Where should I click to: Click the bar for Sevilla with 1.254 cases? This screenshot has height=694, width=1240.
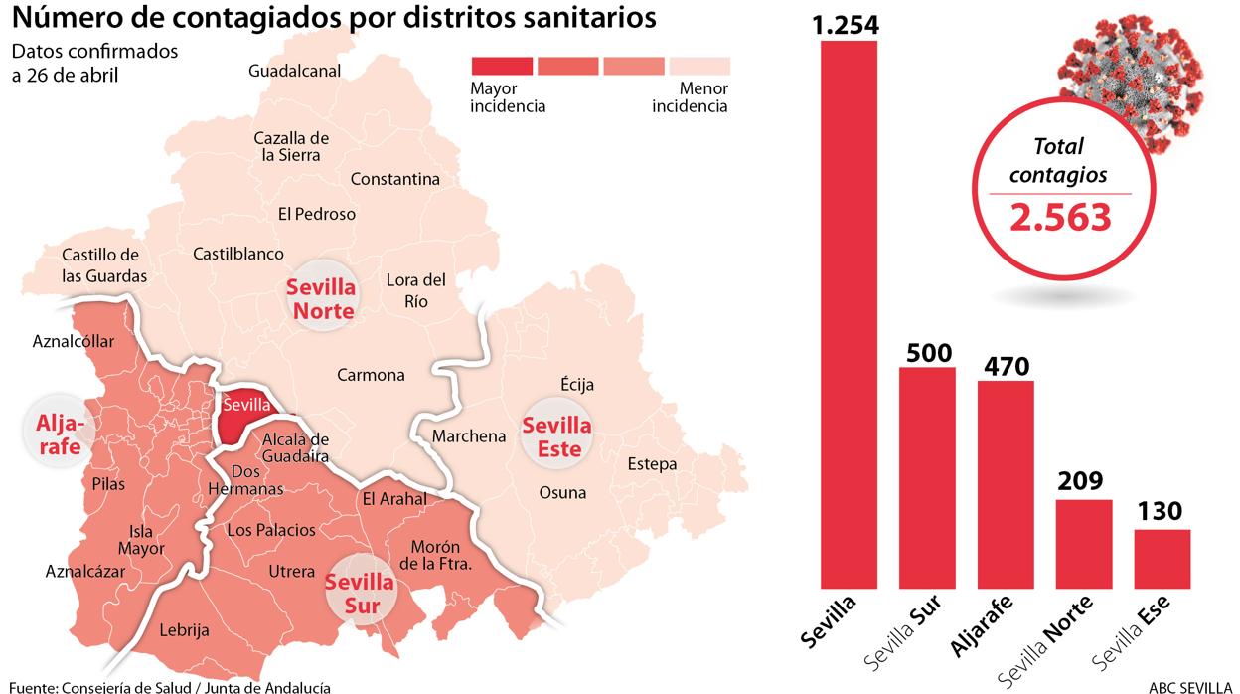849,313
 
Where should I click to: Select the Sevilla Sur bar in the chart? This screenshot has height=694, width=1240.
927,477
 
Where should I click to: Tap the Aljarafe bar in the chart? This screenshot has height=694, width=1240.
1006,484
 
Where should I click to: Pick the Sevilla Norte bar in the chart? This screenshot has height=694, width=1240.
1083,543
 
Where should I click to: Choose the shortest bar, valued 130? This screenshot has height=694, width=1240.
1162,558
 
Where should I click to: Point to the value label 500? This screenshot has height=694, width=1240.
928,353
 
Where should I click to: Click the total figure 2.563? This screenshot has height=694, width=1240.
1060,216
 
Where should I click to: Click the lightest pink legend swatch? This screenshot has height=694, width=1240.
699,67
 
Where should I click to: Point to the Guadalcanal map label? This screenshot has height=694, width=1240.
295,71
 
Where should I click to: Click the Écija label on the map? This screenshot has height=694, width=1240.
577,385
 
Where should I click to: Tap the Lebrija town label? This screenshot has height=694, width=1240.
184,630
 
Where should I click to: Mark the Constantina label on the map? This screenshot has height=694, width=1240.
395,180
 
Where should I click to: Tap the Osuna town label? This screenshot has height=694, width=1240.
562,492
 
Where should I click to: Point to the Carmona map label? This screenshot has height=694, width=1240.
371,375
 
